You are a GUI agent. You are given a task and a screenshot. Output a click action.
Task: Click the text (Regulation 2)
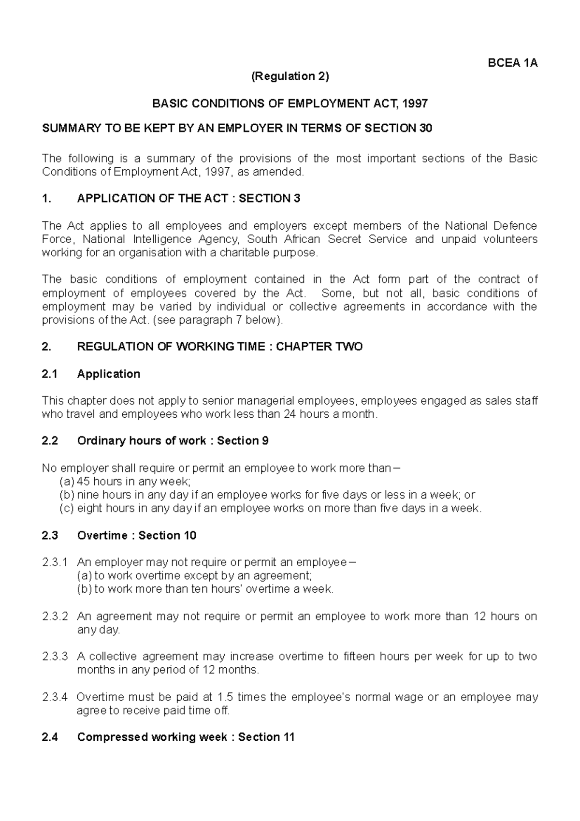(290, 76)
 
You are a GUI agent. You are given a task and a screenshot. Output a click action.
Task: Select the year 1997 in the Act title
(416, 103)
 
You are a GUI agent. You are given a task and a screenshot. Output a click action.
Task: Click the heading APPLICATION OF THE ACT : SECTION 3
(188, 198)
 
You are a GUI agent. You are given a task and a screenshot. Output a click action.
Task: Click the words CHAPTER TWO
(319, 347)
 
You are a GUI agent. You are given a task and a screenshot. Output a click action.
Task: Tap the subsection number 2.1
(50, 374)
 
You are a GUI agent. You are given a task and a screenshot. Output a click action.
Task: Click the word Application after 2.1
(109, 374)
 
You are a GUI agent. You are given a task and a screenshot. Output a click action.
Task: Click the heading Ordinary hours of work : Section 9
(173, 440)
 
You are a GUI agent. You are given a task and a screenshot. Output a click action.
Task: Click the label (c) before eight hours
(67, 508)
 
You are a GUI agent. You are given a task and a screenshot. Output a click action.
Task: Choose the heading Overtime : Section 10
(137, 535)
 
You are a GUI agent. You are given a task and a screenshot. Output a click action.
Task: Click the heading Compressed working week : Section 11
(186, 737)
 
